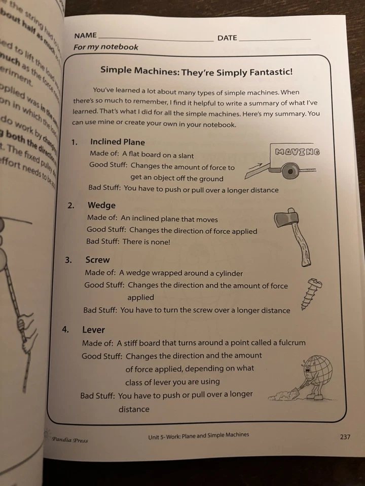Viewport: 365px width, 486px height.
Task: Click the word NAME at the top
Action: coord(85,35)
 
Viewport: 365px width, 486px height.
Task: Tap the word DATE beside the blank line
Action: coord(227,38)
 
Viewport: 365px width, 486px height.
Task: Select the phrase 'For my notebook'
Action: coord(105,47)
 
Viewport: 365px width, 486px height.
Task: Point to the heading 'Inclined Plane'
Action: coord(117,142)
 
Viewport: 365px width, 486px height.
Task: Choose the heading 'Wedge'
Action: coord(101,205)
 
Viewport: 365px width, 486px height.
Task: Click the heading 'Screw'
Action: coord(97,260)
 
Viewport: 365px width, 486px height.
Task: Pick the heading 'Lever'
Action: coord(93,330)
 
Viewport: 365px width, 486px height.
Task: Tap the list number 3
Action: coord(68,260)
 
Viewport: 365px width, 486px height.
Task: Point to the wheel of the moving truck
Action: coord(290,172)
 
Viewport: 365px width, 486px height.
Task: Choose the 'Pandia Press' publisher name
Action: coord(69,440)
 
